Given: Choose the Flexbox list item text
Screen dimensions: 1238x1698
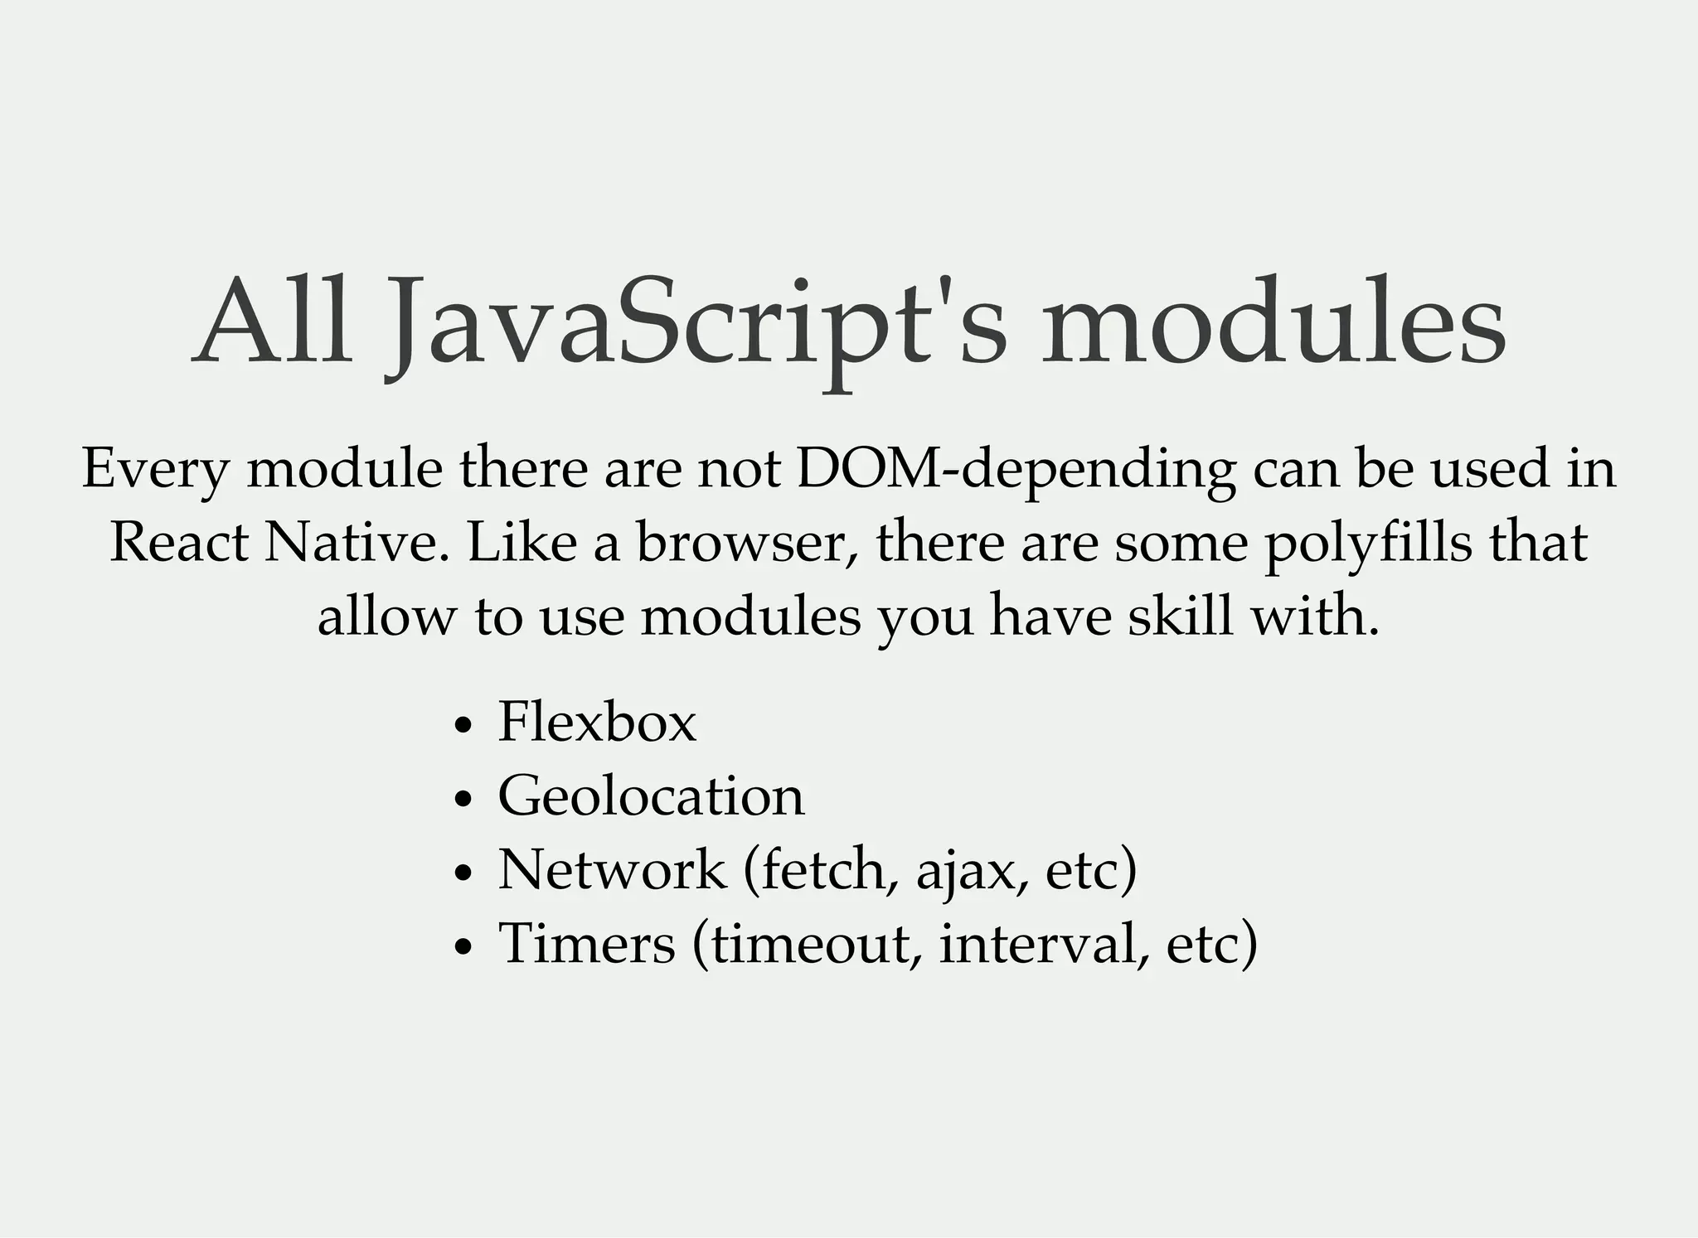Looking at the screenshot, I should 597,722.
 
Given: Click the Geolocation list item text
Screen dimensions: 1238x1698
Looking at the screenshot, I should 651,796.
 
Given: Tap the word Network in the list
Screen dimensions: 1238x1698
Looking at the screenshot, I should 612,869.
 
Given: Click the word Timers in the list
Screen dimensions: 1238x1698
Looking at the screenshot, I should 587,943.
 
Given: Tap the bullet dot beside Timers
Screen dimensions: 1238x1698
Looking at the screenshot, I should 463,946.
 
